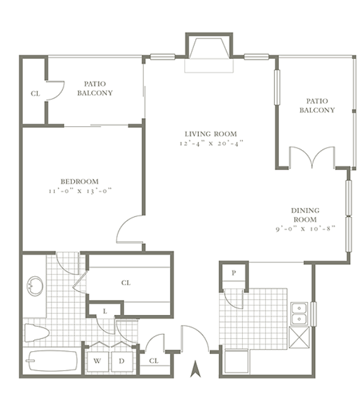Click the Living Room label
click(211, 134)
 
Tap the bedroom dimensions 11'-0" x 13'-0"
click(80, 191)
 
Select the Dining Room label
click(305, 215)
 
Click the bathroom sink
click(35, 286)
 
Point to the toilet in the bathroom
click(37, 333)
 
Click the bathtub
click(52, 361)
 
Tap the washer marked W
click(98, 362)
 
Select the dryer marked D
click(122, 362)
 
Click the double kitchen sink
click(299, 313)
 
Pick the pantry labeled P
click(234, 273)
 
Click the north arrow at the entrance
click(196, 369)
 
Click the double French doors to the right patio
click(312, 158)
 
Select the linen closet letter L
click(105, 311)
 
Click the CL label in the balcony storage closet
click(35, 94)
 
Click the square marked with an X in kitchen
click(299, 337)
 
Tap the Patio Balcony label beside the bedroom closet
click(95, 88)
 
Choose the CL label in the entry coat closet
click(154, 361)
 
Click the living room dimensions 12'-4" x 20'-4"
click(211, 144)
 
